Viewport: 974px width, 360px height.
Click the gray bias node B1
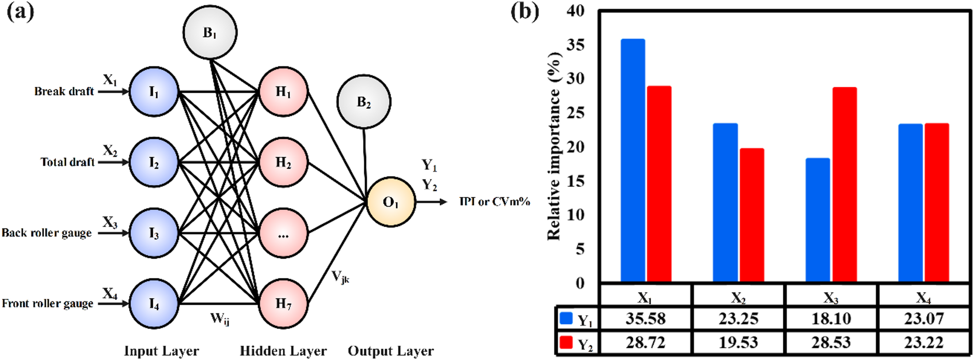210,33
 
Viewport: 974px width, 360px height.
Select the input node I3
154,233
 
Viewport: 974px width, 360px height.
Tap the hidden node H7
283,304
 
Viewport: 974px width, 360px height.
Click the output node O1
390,202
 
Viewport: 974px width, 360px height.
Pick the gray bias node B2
364,102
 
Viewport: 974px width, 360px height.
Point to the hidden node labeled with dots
283,233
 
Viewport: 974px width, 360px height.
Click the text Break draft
64,92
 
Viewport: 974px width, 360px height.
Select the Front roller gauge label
48,304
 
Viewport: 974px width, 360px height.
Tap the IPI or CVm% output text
494,202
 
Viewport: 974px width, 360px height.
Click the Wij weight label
220,319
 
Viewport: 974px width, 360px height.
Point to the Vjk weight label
340,277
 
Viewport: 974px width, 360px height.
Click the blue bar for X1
633,160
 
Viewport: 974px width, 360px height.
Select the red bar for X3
844,184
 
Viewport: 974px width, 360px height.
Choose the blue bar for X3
818,220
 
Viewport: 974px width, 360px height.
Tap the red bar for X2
752,215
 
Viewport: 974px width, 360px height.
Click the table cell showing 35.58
645,319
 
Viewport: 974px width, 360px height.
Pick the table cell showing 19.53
738,343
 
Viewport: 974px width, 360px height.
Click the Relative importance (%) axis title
554,146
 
